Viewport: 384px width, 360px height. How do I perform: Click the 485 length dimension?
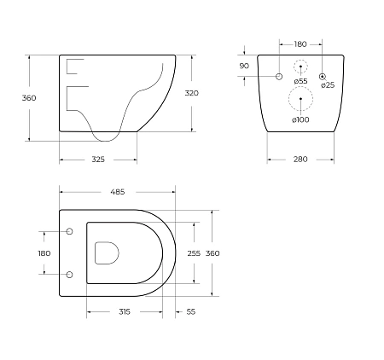click(118, 192)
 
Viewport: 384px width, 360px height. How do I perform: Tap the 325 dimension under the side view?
click(98, 160)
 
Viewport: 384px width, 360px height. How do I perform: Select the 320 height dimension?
click(192, 93)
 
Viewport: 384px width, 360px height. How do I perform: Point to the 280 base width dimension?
click(300, 160)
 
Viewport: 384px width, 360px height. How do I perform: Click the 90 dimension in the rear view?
click(244, 66)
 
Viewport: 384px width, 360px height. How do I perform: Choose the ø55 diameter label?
click(300, 81)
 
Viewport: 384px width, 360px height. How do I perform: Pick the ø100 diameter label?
click(300, 120)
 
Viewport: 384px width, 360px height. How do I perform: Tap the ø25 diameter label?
click(328, 85)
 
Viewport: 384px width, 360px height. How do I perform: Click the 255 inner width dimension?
click(194, 253)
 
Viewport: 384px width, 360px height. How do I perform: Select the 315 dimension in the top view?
click(125, 312)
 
